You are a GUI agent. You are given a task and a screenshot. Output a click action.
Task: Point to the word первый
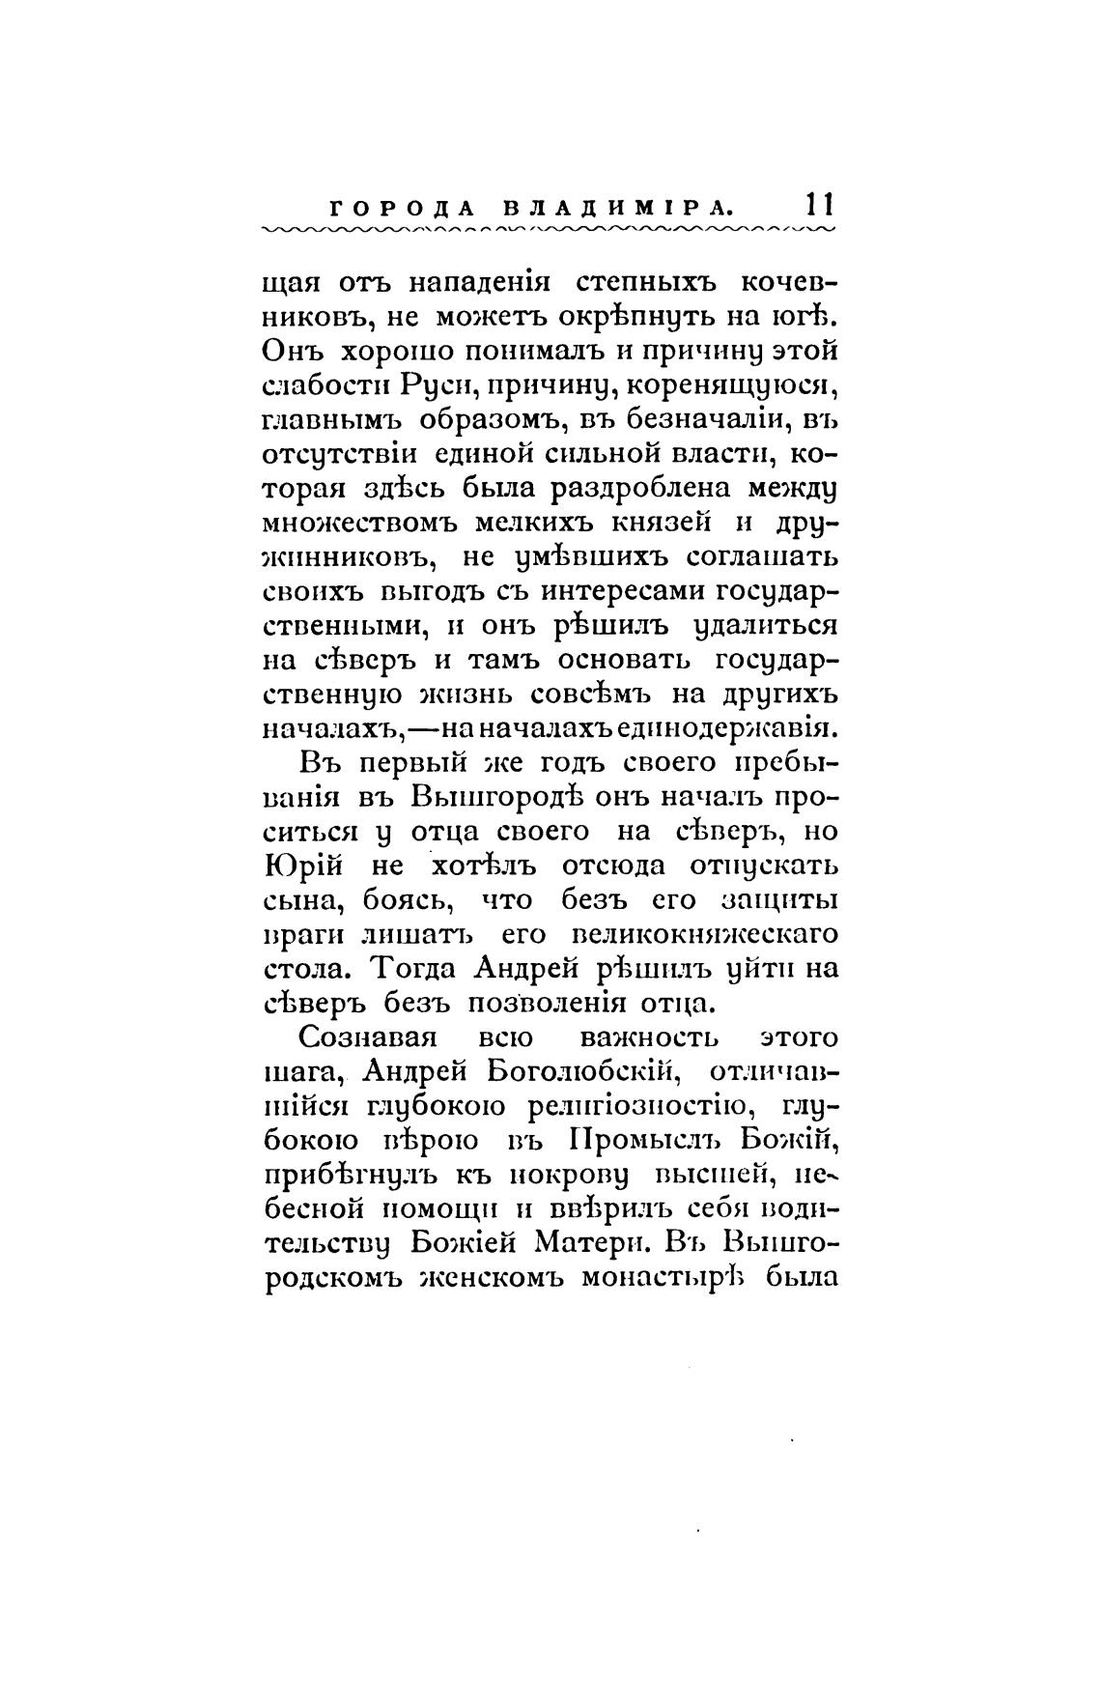click(406, 763)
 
